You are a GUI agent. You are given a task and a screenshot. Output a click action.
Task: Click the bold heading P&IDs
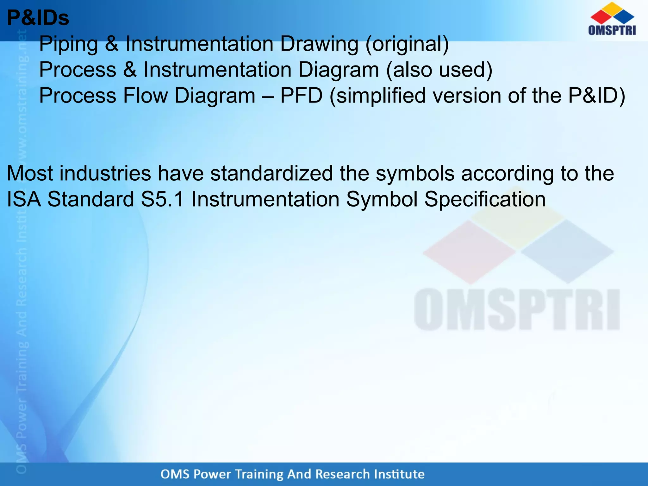[38, 18]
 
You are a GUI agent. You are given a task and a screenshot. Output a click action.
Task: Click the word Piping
[68, 44]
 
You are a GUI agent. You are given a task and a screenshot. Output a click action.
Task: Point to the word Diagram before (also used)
[338, 70]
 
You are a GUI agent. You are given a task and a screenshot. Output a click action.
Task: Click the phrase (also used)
[439, 70]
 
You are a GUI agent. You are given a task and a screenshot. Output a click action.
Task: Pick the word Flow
[145, 96]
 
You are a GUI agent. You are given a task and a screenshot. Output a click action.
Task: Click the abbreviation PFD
[301, 96]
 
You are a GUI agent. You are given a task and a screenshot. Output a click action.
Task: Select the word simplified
[381, 96]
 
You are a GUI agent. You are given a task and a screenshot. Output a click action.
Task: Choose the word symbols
[415, 174]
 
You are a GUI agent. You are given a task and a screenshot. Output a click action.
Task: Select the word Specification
[485, 200]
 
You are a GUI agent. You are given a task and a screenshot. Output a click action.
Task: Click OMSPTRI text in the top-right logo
[612, 30]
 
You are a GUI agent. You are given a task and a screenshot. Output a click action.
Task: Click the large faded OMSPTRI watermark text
[517, 309]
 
